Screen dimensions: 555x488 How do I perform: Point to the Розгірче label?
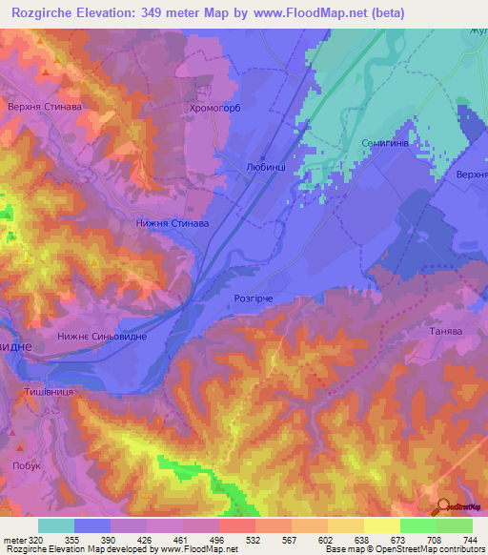[254, 298]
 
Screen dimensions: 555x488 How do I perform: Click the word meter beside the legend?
[12, 539]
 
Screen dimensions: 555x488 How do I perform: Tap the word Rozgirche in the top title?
[44, 13]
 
